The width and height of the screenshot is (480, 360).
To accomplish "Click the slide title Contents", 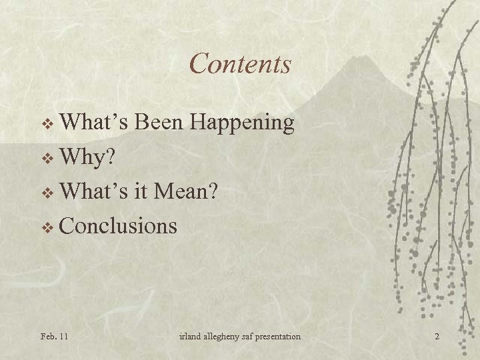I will (x=240, y=64).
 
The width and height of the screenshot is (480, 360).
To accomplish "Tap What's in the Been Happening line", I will (x=95, y=122).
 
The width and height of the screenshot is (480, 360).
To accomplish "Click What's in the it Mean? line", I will (x=95, y=191).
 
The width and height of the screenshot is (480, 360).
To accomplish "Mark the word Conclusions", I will (x=119, y=226).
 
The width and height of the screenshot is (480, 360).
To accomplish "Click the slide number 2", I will (x=437, y=337).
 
